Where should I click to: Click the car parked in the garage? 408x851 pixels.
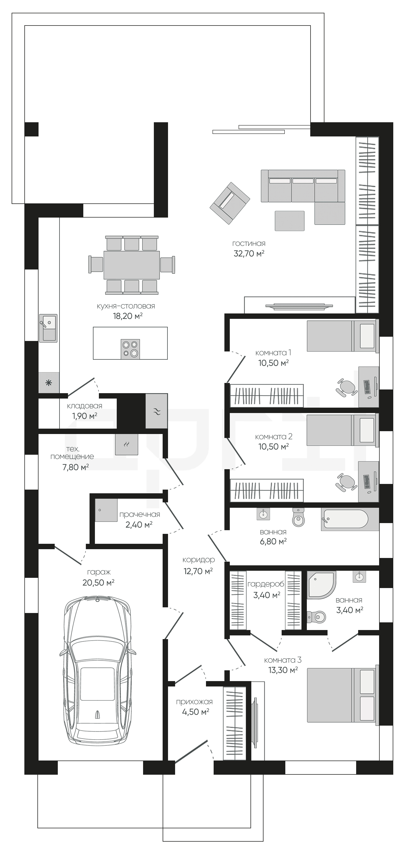tap(98, 670)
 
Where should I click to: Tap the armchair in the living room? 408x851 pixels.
tap(230, 203)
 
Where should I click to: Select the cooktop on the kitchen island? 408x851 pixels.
tap(130, 349)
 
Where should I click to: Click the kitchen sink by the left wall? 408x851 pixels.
tap(48, 328)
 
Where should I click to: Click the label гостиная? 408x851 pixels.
tap(249, 244)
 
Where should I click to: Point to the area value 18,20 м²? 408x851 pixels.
tap(128, 316)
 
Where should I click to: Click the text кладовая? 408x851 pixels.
tap(84, 406)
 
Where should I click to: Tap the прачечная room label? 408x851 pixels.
tap(140, 514)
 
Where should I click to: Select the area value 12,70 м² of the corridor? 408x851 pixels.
tap(198, 571)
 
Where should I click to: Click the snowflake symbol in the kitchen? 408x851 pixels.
tap(48, 383)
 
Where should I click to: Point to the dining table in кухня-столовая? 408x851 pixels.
tap(132, 265)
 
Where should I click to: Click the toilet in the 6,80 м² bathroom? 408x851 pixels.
tap(298, 517)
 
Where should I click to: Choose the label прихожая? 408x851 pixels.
tap(194, 702)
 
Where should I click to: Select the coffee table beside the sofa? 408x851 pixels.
tap(290, 221)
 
